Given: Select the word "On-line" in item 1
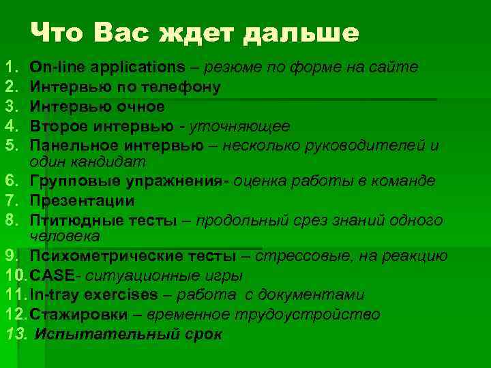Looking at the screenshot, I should (57, 67).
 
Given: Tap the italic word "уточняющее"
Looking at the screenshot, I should (239, 127).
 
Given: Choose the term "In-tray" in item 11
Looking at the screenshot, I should (55, 295).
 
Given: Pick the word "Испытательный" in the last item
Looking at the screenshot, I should (93, 335).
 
